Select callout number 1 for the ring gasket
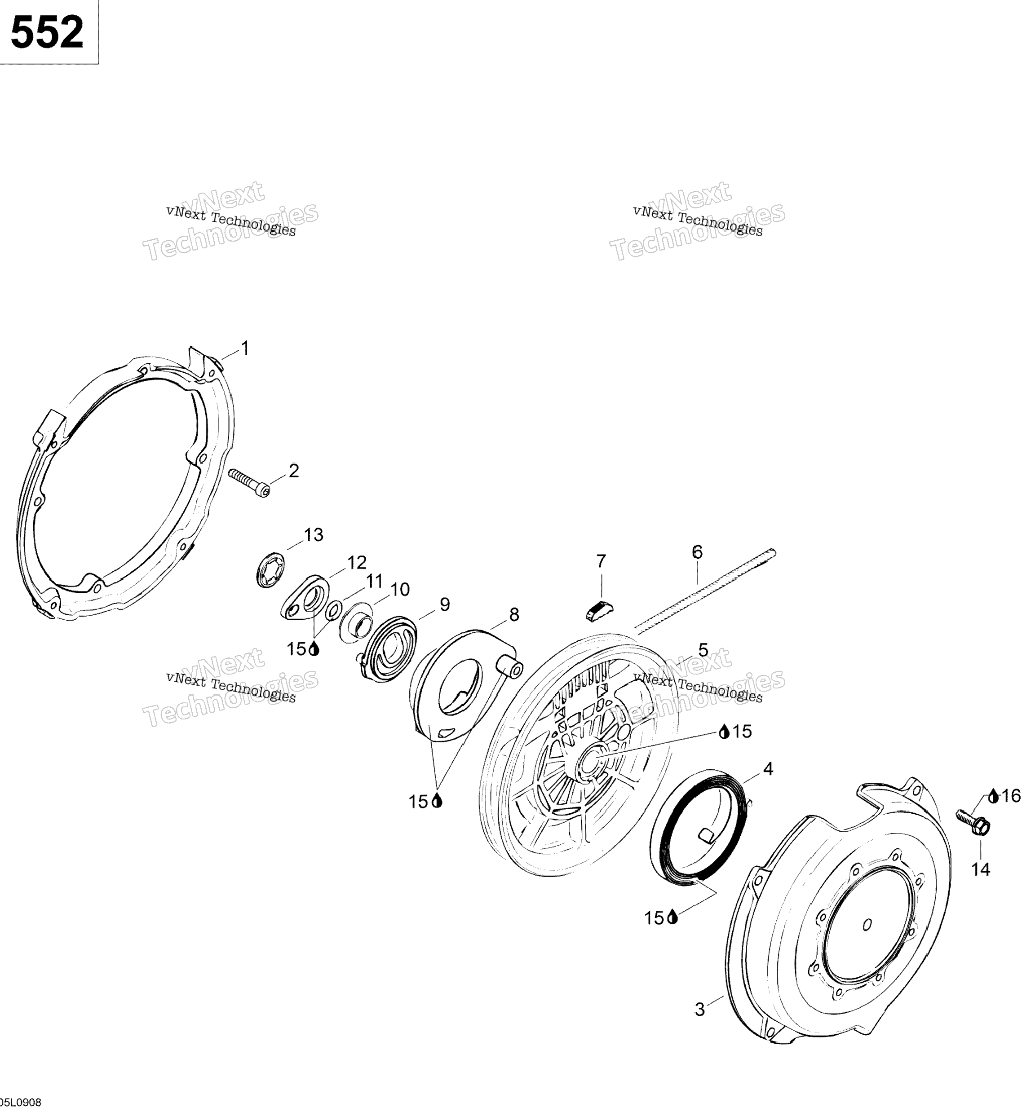click(x=245, y=348)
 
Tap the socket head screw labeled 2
click(x=248, y=483)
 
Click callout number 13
click(x=314, y=535)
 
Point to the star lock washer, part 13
click(x=271, y=569)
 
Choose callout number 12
click(x=357, y=562)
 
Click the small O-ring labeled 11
click(x=332, y=610)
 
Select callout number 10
click(x=400, y=590)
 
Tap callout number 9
click(x=445, y=604)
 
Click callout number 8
click(x=514, y=614)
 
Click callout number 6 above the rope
click(x=697, y=552)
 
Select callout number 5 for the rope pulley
click(x=703, y=650)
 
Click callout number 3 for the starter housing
click(x=699, y=1010)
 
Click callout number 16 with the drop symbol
click(x=1011, y=796)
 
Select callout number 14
click(x=981, y=870)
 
